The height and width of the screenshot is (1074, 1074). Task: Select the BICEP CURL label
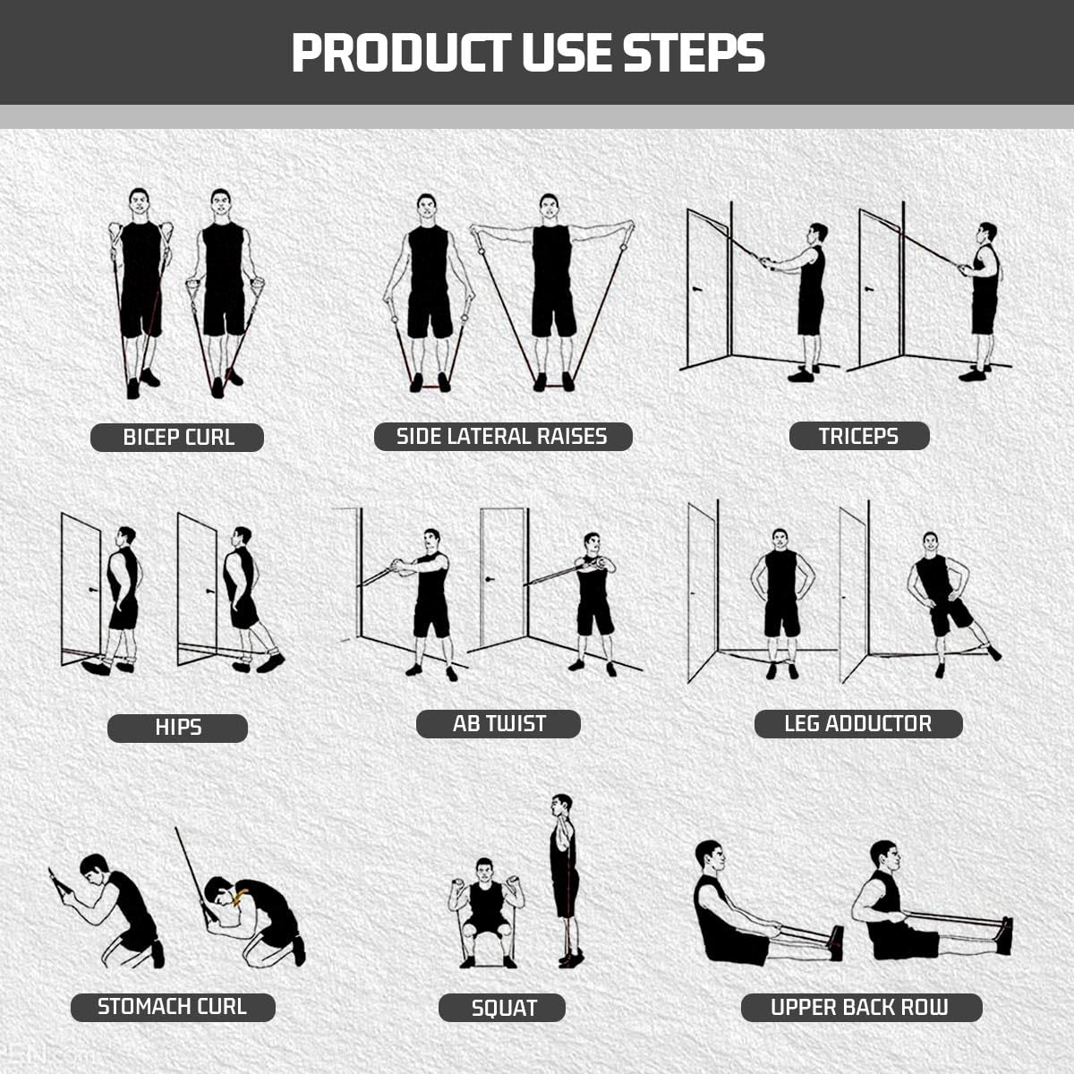[x=177, y=438]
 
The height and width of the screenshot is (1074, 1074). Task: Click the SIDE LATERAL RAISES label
[x=502, y=437]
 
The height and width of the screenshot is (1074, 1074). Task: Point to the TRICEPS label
[x=858, y=436]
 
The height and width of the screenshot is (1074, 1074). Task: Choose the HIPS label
[x=177, y=728]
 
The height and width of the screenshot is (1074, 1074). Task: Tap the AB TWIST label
[x=499, y=724]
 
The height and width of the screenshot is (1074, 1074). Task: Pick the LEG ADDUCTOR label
[x=857, y=724]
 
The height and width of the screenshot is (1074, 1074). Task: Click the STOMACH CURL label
[x=173, y=1007]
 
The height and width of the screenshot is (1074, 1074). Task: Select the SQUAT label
[x=502, y=1008]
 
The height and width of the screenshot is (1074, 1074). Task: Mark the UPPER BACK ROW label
[x=861, y=1007]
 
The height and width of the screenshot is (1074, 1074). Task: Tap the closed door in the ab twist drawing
[x=502, y=577]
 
